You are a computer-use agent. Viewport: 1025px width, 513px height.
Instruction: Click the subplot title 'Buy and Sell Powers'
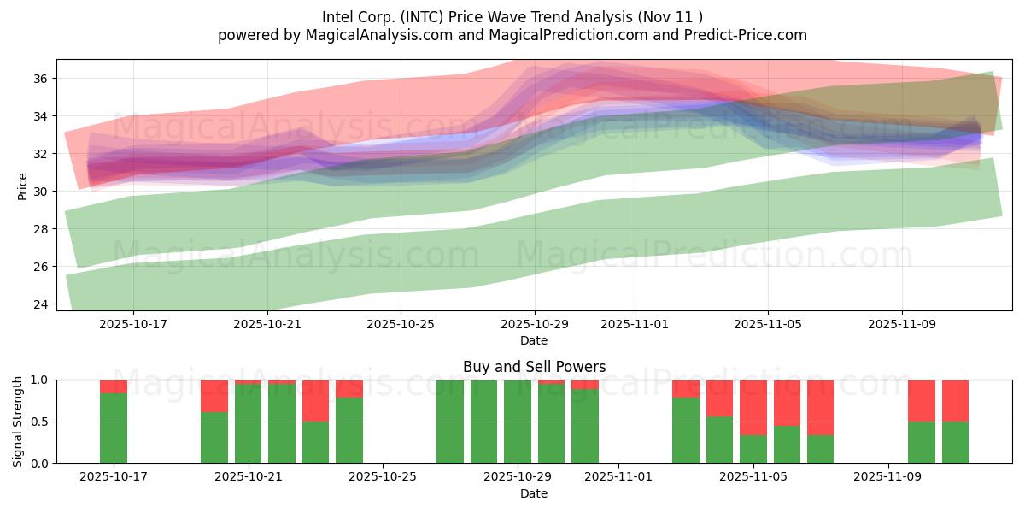coord(534,367)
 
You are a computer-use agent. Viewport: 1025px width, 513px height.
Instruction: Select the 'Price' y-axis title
coord(22,186)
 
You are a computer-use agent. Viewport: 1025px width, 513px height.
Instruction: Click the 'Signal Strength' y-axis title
coord(18,421)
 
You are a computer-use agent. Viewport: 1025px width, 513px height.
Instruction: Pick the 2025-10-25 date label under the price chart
coord(401,325)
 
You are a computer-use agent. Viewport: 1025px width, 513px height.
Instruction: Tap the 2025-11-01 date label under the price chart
coord(634,325)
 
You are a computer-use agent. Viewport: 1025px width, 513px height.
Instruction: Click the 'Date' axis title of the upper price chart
coord(534,340)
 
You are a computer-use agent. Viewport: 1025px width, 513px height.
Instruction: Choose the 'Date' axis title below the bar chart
coord(534,493)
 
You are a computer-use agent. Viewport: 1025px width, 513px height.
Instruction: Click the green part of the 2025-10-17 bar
coord(114,428)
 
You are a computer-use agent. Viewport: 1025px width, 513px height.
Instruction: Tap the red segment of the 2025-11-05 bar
coord(753,407)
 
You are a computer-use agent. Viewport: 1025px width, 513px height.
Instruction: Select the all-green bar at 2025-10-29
coord(518,422)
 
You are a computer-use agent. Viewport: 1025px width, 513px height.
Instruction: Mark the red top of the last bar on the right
coord(955,400)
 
